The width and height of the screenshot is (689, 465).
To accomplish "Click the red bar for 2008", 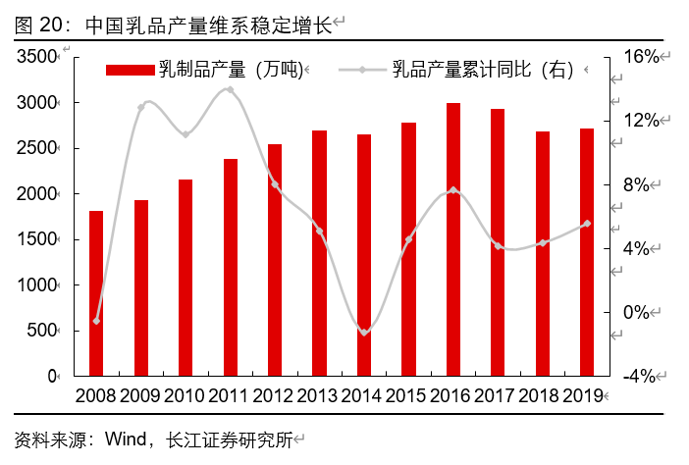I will click(96, 293).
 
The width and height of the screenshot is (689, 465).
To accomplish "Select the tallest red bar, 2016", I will click(453, 239).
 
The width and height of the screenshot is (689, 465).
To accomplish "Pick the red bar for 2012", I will click(275, 260).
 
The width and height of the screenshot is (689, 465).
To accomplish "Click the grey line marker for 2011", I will click(230, 89).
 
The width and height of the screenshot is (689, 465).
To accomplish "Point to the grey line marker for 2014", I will click(364, 333).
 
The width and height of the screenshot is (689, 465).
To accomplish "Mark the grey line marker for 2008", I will click(96, 321).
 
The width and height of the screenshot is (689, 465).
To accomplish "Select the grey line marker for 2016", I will click(453, 189).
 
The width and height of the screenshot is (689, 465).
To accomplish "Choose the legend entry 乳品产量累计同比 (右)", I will click(461, 70).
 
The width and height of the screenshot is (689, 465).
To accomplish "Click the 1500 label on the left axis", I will click(37, 239).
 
